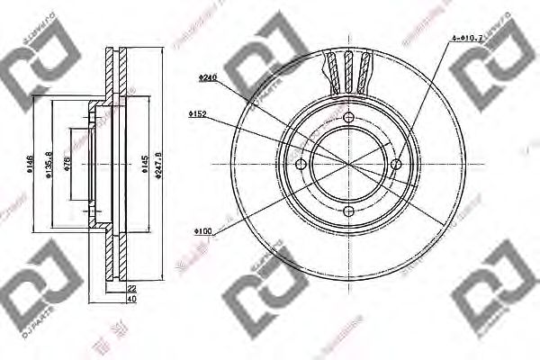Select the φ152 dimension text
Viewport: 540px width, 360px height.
199,114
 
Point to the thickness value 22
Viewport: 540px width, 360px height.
131,287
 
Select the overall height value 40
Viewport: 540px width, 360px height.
131,299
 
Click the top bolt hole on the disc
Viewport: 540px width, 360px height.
349,117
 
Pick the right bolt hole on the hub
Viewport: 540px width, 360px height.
396,164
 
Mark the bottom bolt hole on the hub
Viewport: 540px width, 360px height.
349,211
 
